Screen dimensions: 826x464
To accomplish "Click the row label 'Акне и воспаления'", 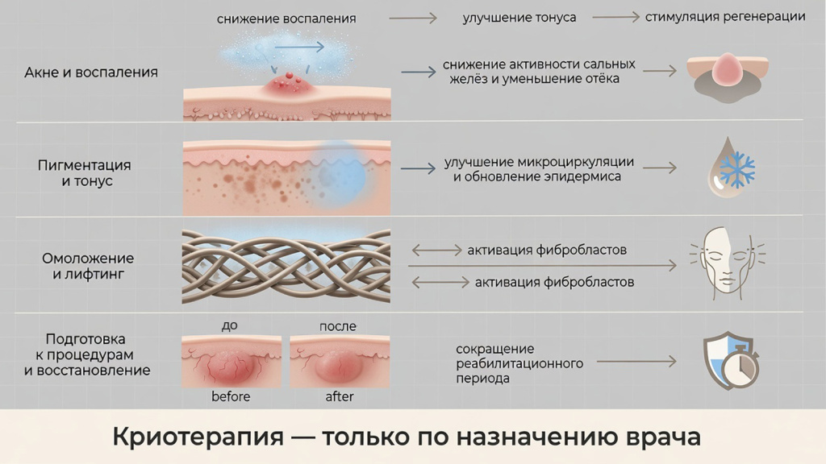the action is point(91,72).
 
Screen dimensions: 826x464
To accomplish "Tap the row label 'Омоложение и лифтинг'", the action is point(88,266).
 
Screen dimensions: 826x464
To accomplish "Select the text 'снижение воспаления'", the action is point(286,19).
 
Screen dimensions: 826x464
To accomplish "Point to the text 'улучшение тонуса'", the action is point(519,18).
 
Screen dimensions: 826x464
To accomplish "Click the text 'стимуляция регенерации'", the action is point(725,17).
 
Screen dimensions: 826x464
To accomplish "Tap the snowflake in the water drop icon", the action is point(737,169).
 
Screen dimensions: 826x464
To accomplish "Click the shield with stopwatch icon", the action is point(731,361).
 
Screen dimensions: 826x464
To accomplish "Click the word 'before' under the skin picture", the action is point(231,396).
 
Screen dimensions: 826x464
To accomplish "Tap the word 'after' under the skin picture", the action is point(340,396).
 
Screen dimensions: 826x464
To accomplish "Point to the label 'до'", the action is point(230,325).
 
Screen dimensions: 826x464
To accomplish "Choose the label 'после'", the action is point(338,326).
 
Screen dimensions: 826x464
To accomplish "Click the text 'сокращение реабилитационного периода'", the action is point(519,363).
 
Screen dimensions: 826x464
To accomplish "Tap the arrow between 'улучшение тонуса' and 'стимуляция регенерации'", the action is point(615,18).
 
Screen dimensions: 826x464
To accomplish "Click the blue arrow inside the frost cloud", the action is point(298,48).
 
